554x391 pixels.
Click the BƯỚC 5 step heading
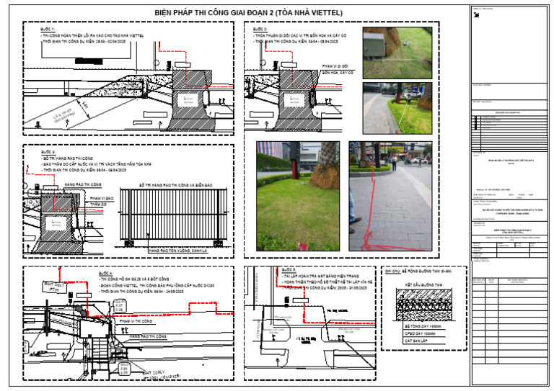(289, 270)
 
